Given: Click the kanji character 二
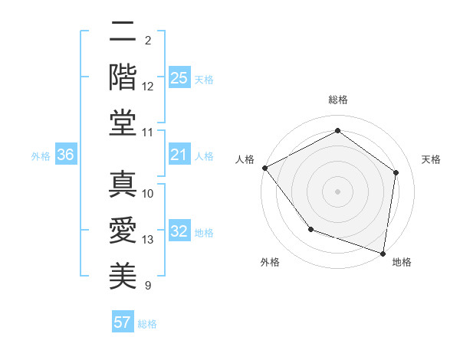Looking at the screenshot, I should (x=123, y=33).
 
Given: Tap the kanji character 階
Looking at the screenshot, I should (x=123, y=77).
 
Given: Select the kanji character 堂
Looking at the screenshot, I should (x=123, y=123).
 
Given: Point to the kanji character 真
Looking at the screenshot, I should (x=123, y=184).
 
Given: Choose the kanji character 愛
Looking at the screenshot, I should (x=123, y=230).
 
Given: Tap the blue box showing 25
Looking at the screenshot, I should (x=179, y=78).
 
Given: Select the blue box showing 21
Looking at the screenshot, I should (x=179, y=155).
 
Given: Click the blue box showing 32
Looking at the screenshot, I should (x=179, y=231).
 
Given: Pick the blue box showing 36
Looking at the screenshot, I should (x=65, y=155).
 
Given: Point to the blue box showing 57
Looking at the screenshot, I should (x=123, y=322).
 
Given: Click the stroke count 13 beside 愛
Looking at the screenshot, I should (x=149, y=240).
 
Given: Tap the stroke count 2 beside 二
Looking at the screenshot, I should (x=148, y=40).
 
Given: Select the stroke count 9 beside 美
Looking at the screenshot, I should (x=148, y=286).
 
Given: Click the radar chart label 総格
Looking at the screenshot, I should (x=337, y=100).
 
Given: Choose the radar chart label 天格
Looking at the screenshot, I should (x=431, y=159).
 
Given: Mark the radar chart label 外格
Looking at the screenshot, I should (x=270, y=263).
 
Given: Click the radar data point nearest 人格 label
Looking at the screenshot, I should (x=264, y=168).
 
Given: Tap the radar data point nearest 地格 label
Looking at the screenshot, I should (x=383, y=253).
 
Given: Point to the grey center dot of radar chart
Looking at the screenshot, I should (x=337, y=191).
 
